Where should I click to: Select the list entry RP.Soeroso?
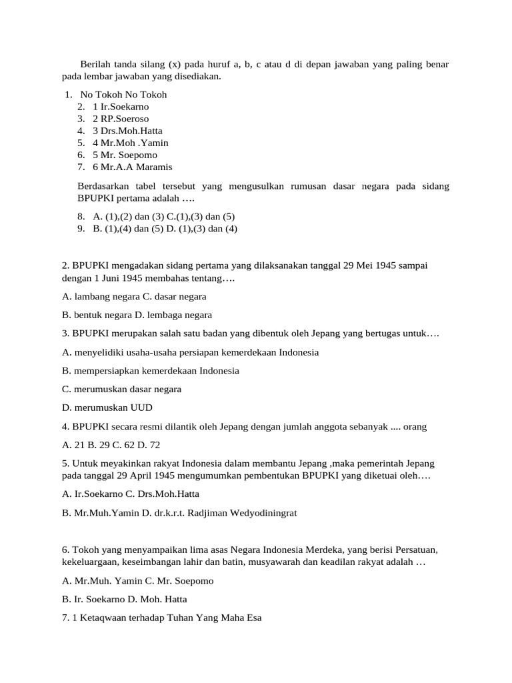pos(125,119)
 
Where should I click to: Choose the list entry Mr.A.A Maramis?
pos(137,167)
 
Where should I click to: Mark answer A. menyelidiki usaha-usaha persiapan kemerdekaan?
pos(190,352)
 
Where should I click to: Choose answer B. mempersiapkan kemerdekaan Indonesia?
pos(150,370)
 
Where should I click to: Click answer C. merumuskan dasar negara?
pos(121,389)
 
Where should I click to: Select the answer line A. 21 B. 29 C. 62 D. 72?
pos(111,445)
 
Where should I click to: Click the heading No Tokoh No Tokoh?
pos(123,95)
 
